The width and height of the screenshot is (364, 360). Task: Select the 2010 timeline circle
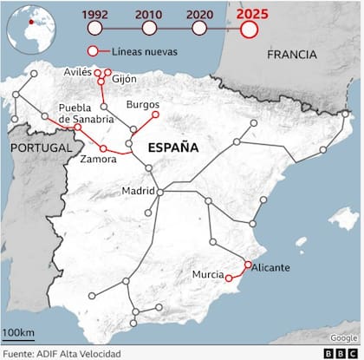point(149,29)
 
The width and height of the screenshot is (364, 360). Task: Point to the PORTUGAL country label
point(41,148)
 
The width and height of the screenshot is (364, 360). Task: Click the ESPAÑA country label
point(173,148)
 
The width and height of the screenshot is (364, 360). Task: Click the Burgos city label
point(142,104)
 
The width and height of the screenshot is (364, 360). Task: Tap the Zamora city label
point(98,160)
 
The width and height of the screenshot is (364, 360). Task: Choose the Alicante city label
point(270,268)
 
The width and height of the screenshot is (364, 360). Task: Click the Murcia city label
point(208,275)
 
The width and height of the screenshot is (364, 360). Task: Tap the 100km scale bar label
point(18,334)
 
